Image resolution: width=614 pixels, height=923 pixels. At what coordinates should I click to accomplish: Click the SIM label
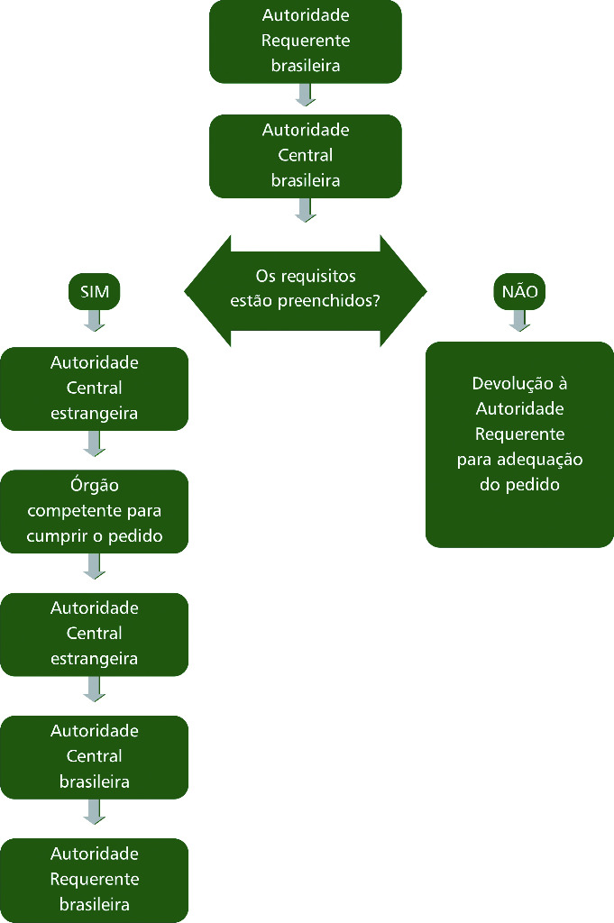point(95,292)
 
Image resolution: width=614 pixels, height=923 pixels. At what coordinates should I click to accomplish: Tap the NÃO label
point(519,292)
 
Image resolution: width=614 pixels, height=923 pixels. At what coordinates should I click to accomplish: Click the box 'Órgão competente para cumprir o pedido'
point(95,511)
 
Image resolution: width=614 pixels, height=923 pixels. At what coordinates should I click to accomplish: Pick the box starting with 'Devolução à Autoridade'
point(518,443)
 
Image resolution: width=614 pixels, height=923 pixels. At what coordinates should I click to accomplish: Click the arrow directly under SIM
point(95,320)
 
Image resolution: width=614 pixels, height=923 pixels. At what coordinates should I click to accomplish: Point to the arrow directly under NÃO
point(519,320)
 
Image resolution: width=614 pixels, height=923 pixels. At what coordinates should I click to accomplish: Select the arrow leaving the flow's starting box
point(306,95)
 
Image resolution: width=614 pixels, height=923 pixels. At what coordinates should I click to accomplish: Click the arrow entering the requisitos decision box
point(306,210)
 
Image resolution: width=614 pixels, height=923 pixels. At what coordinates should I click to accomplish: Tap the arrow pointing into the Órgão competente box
point(95,443)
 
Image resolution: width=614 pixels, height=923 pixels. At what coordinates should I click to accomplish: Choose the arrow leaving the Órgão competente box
point(95,566)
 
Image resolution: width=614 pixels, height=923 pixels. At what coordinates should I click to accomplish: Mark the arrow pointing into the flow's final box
point(95,811)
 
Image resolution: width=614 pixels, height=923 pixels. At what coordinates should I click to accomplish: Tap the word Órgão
point(95,486)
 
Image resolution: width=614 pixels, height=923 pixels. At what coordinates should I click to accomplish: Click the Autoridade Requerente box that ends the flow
point(95,879)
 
